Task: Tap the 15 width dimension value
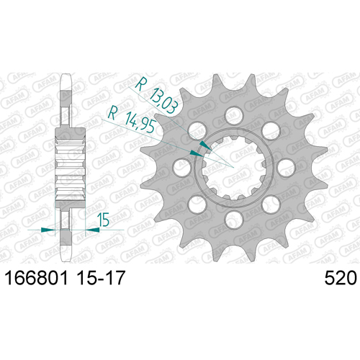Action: pyautogui.click(x=103, y=220)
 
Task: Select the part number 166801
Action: pyautogui.click(x=37, y=278)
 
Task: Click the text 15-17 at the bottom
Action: pyautogui.click(x=101, y=278)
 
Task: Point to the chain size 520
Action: pyautogui.click(x=341, y=278)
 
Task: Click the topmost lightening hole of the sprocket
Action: pyautogui.click(x=234, y=115)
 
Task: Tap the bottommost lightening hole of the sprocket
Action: pyautogui.click(x=234, y=220)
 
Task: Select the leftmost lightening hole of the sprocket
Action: pyautogui.click(x=182, y=168)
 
